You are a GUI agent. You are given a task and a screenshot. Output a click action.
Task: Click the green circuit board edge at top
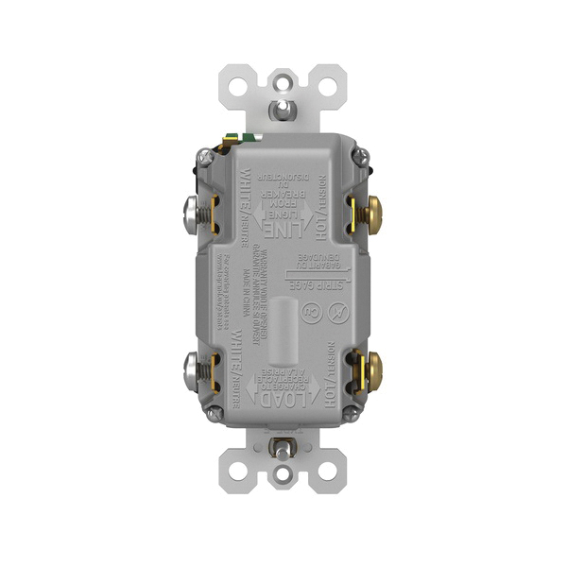coord(249,139)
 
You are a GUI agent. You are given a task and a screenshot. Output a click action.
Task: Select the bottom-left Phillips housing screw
coord(219,413)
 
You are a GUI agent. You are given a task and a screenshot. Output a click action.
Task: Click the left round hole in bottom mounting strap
coord(237,484)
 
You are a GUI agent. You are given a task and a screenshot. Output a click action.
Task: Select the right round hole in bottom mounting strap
coord(329,484)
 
